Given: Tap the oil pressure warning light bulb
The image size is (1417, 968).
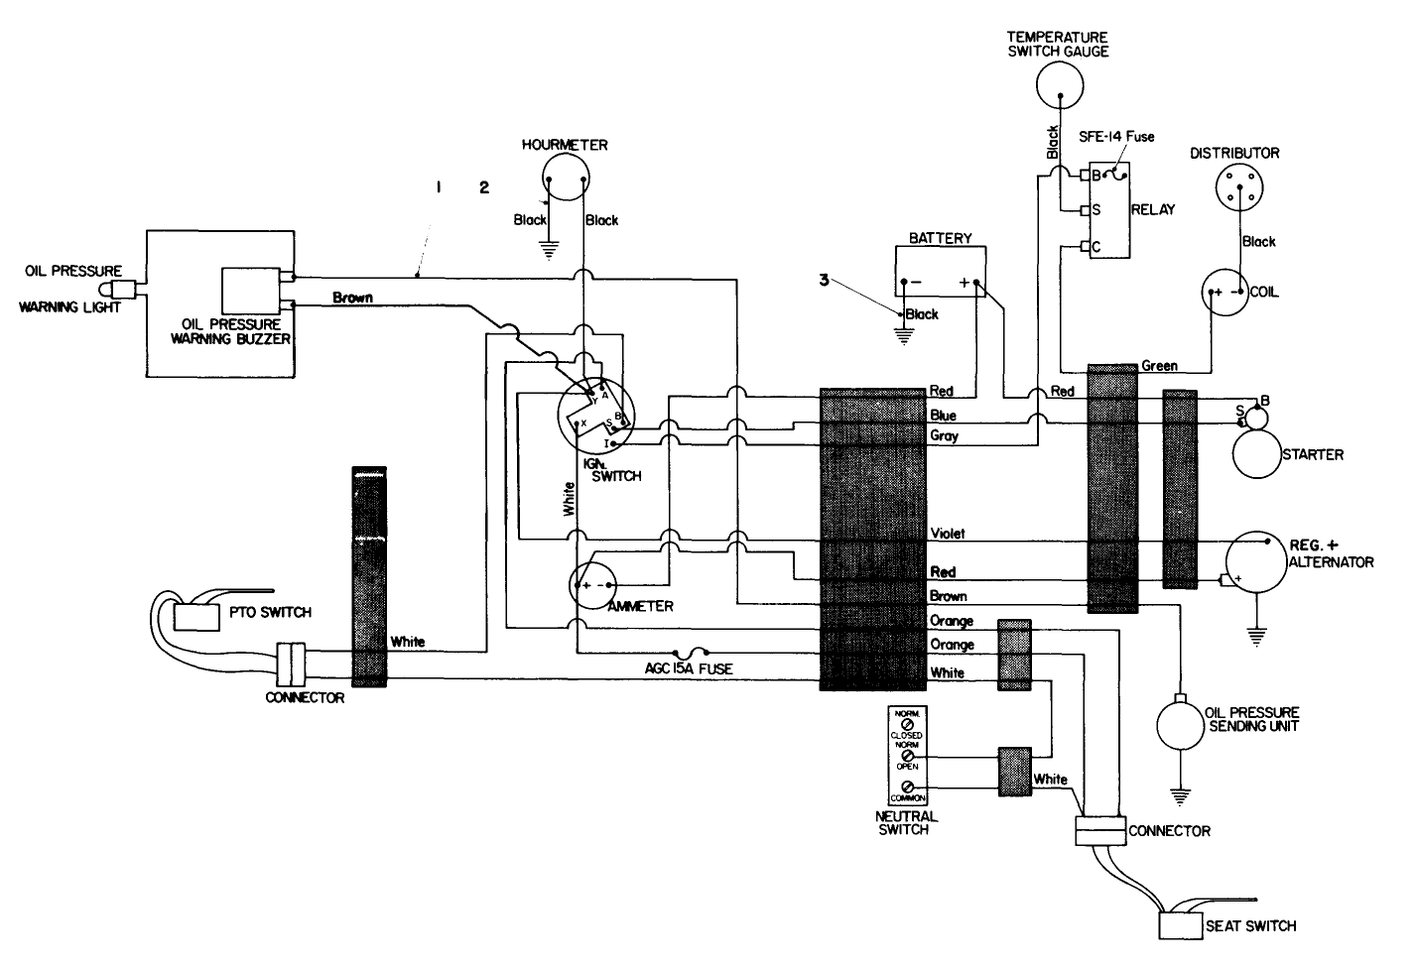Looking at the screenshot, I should [123, 290].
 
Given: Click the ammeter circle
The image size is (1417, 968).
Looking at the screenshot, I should [593, 586].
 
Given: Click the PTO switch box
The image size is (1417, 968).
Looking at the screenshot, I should [197, 616].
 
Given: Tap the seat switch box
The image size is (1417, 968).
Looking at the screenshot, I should [1180, 925].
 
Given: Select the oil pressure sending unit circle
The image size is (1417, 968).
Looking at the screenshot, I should [1179, 722].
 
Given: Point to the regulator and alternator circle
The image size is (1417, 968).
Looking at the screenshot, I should [1263, 562].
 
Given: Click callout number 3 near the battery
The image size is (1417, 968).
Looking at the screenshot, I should [823, 281].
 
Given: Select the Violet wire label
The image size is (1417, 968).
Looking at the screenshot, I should [947, 534].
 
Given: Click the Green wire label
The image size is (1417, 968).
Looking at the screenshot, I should [1159, 366].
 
